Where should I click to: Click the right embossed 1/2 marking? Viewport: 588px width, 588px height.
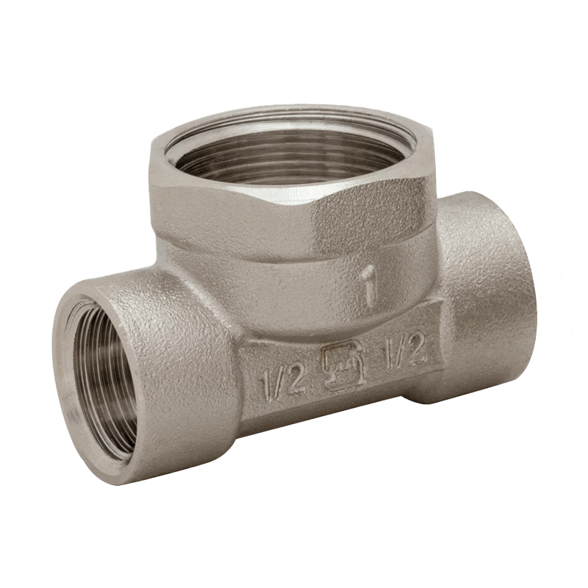coord(404,348)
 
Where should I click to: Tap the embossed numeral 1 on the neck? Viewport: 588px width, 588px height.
coord(370,287)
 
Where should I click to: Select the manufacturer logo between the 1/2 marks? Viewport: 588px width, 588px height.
coord(343,365)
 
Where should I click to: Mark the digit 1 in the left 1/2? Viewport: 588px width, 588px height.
coord(265,385)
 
